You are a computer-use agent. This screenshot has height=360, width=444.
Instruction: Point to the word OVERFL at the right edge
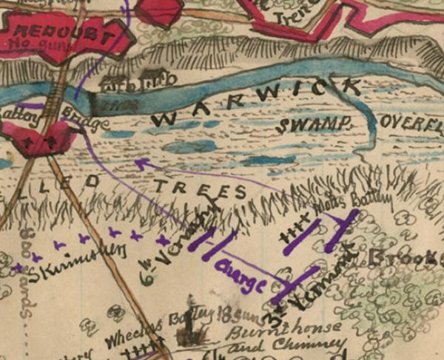point(410,123)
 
